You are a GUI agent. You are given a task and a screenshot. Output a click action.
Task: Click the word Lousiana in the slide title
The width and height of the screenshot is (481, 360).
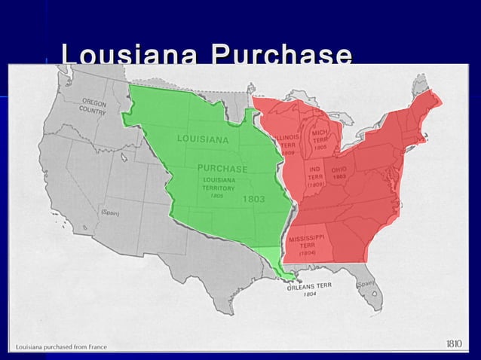coord(130,56)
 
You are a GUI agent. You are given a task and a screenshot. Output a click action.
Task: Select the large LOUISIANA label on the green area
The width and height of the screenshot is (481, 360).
coord(203,139)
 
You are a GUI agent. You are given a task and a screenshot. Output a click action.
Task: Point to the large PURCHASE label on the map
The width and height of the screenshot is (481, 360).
coord(222,167)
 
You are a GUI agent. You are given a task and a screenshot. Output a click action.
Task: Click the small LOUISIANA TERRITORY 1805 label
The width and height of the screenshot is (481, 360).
coord(218,188)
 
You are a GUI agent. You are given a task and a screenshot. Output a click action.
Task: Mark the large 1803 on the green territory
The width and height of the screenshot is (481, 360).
coord(253,199)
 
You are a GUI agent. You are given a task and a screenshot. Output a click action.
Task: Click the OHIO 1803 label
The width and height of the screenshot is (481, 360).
coord(339,172)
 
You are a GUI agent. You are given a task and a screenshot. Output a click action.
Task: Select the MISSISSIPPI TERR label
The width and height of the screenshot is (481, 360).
coord(308,245)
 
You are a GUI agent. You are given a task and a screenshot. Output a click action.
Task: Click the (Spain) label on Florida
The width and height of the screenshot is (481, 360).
coord(365,284)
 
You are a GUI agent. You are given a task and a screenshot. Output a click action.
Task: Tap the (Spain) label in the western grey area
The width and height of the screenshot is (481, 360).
coord(110,212)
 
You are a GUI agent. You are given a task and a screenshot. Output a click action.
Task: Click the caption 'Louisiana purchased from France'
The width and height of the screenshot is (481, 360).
coord(61,346)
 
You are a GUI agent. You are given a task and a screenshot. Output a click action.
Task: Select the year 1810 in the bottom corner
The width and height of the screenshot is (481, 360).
coord(454,344)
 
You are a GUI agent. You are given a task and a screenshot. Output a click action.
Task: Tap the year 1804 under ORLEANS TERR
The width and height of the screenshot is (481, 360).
coord(309,295)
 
